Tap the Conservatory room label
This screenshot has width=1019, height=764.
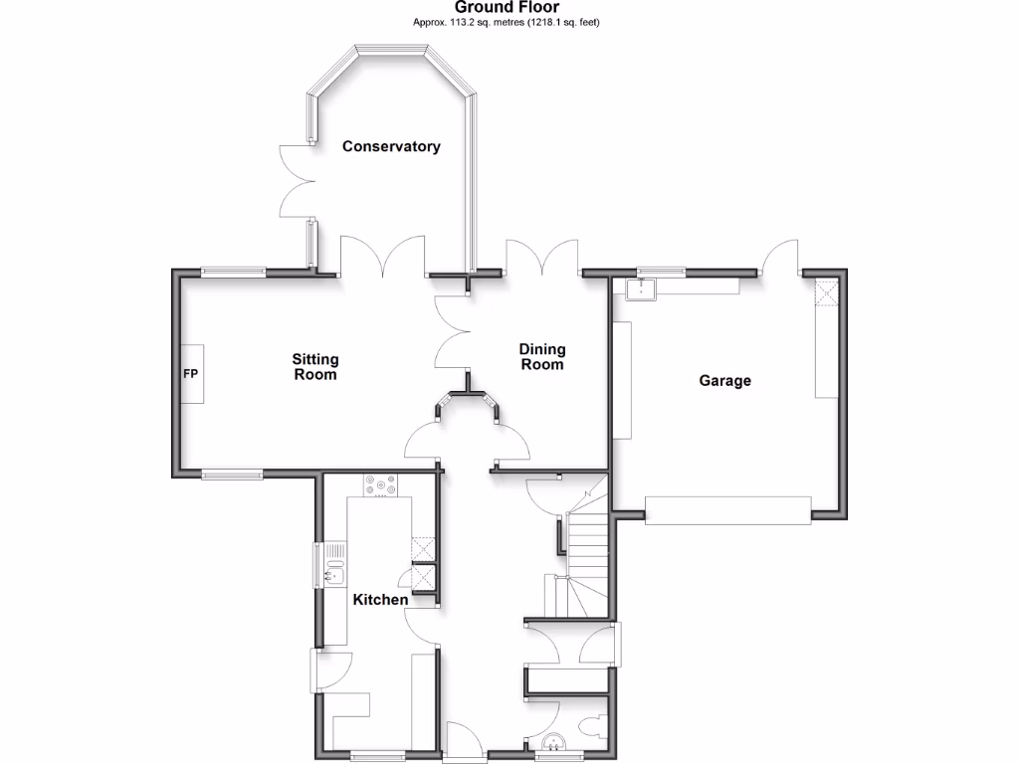click(x=391, y=146)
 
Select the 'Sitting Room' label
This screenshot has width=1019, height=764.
click(x=314, y=367)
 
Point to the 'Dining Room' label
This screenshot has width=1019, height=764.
click(x=542, y=356)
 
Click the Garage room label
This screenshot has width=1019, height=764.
click(x=724, y=380)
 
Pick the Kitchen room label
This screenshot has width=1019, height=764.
click(x=380, y=600)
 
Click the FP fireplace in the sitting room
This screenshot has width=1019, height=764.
click(x=191, y=374)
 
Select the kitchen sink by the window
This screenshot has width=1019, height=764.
click(x=334, y=564)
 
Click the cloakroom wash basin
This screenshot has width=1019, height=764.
click(x=553, y=741)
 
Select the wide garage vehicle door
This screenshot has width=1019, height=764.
click(x=728, y=510)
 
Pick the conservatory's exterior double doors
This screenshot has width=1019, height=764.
click(x=296, y=182)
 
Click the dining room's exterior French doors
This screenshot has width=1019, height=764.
click(x=541, y=257)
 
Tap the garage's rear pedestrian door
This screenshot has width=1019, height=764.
click(x=780, y=257)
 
